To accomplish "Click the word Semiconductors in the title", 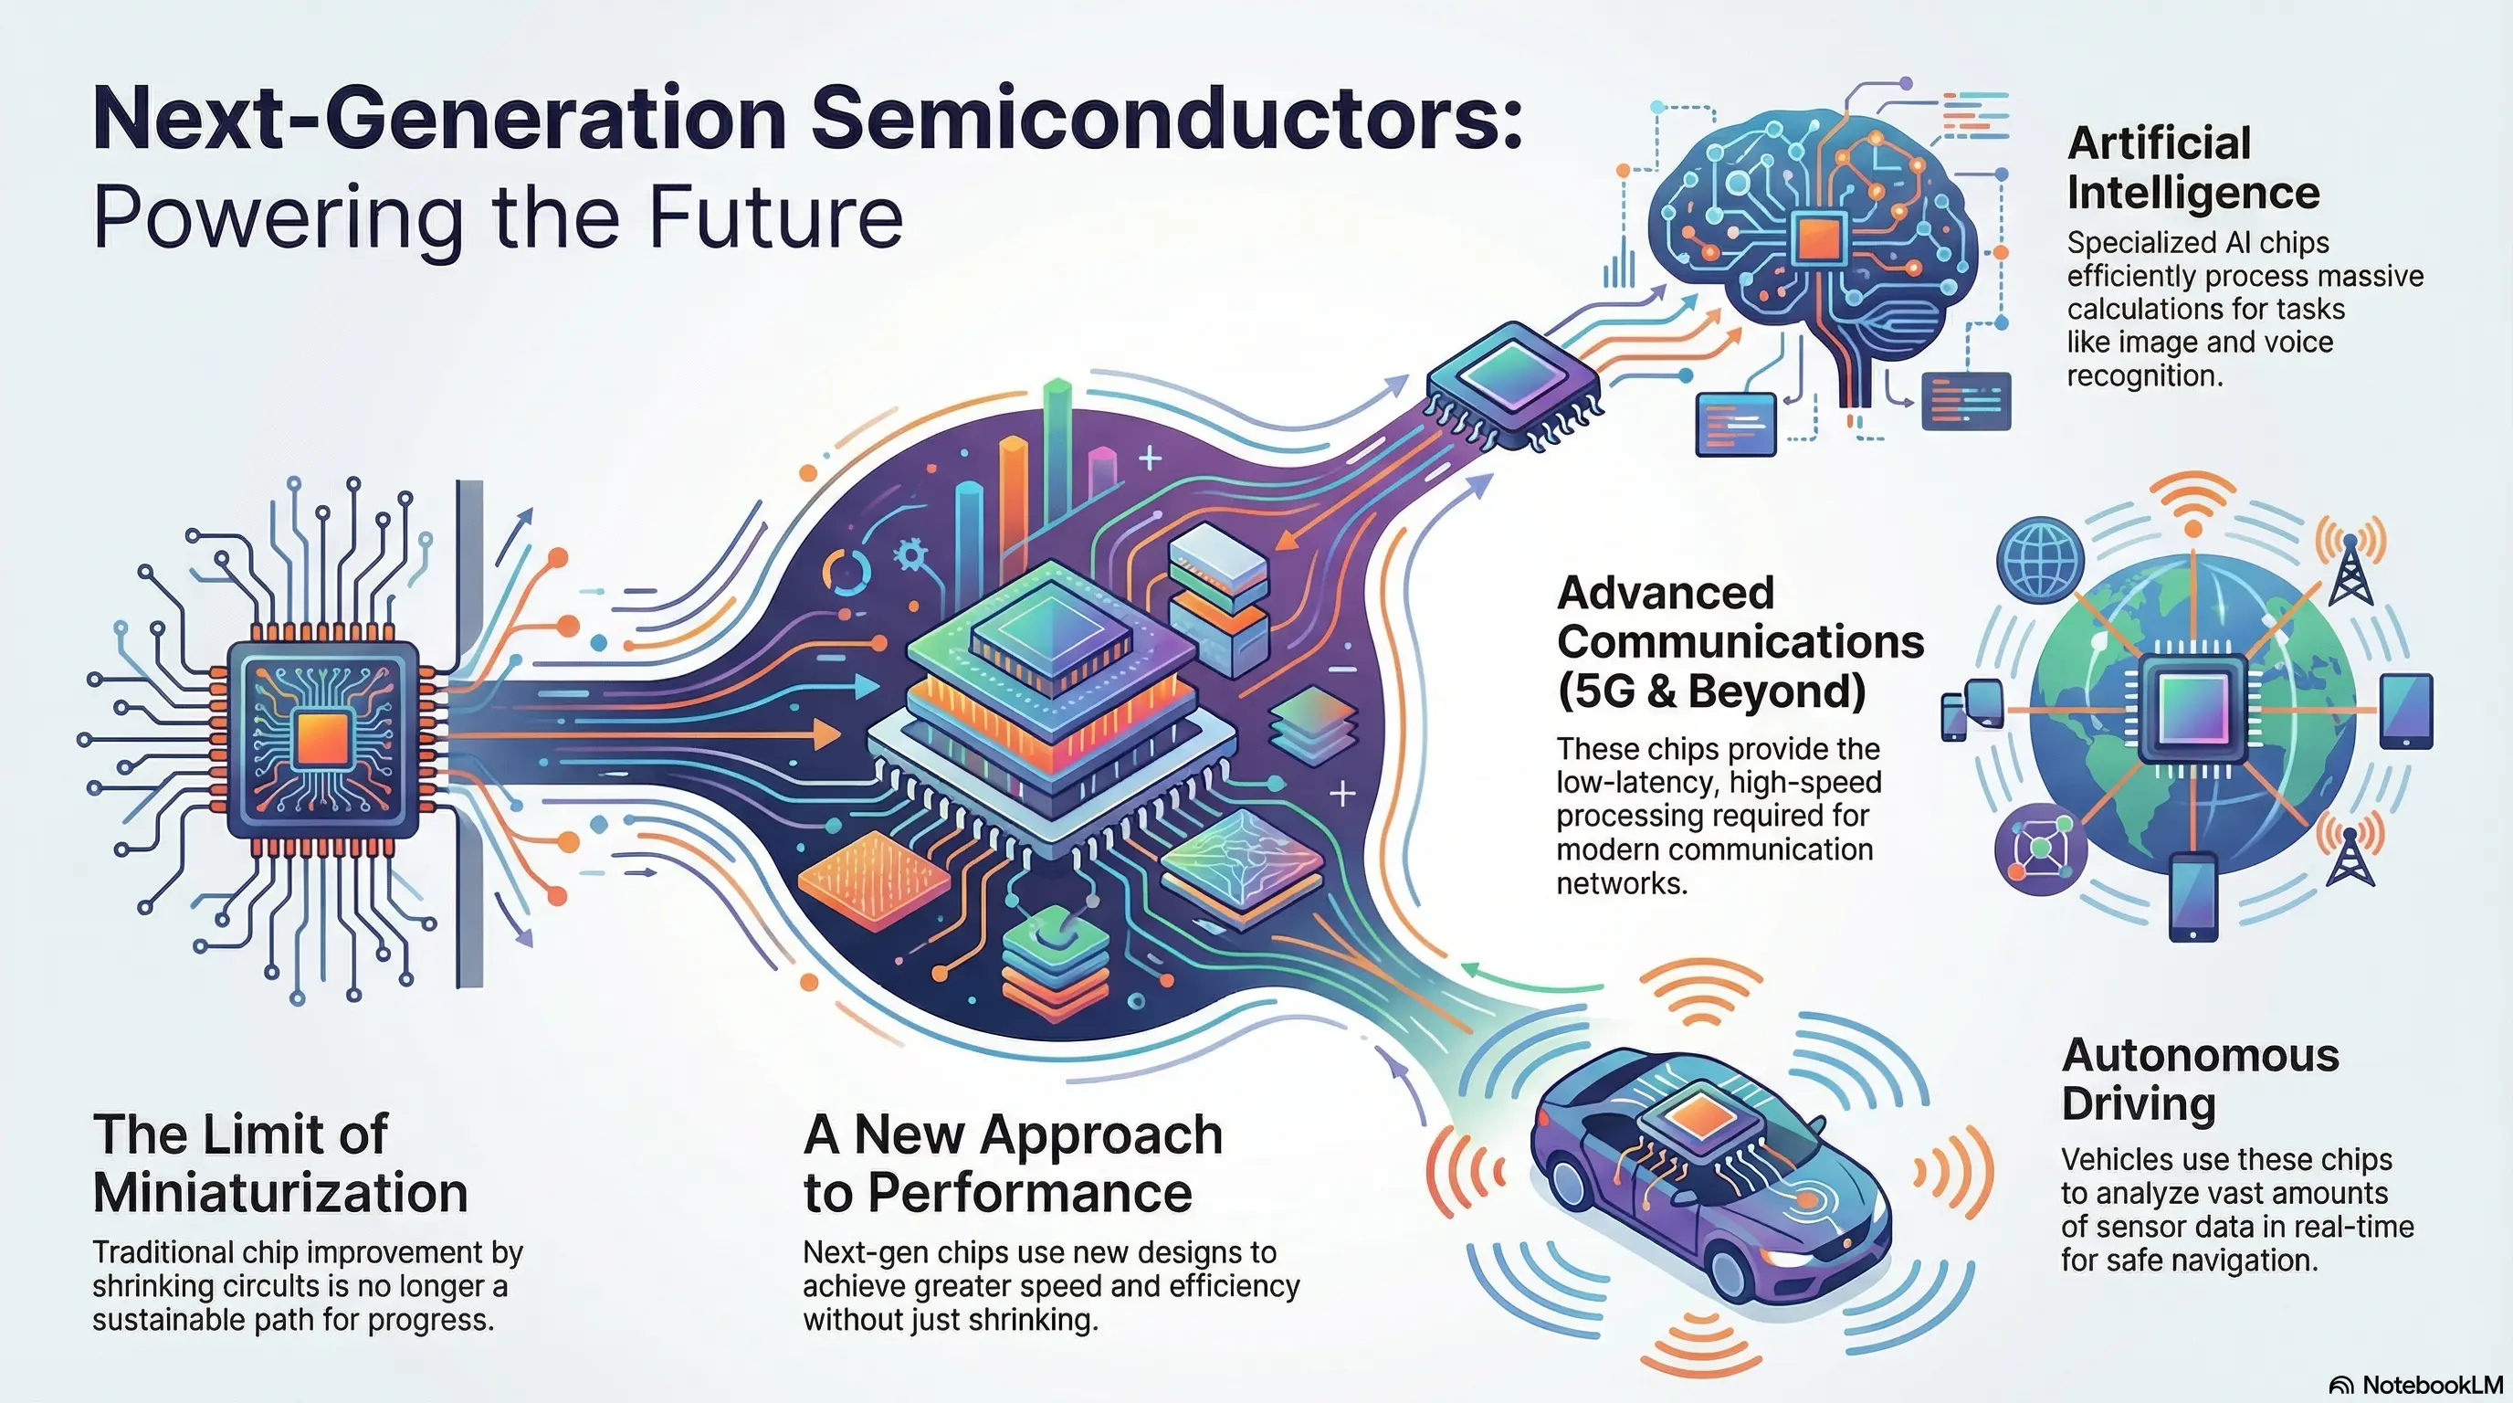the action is click(x=1166, y=119).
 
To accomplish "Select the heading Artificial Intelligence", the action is click(x=2193, y=168).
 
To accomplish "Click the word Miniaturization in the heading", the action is click(x=281, y=1192).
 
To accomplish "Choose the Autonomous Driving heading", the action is click(x=2200, y=1079).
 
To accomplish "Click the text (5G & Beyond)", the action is click(x=1711, y=691).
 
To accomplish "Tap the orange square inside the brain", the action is click(x=1818, y=237).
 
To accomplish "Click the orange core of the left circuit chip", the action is click(x=323, y=739).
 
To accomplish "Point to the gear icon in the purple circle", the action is click(x=911, y=556).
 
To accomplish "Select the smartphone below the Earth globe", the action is click(x=2193, y=897).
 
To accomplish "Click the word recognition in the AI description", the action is click(x=2144, y=375).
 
